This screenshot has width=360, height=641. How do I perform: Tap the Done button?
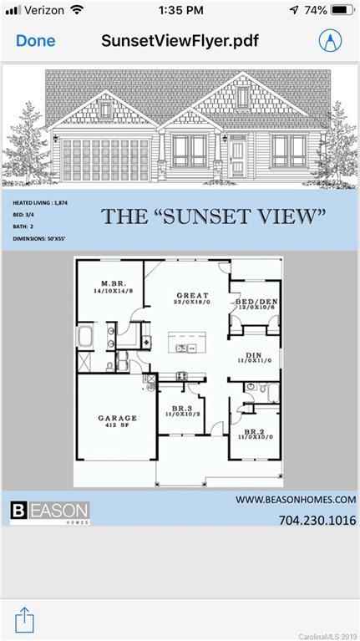point(35,40)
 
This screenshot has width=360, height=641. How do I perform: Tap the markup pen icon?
point(331,40)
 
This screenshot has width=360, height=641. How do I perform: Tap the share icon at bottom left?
point(25,619)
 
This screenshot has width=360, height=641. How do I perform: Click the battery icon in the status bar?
point(342,10)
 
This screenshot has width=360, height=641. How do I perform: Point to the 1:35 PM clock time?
point(180,10)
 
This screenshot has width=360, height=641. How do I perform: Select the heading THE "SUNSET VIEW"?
point(213,216)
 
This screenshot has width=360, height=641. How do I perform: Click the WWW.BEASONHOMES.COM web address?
point(296,500)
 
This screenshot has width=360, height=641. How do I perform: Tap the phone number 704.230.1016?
point(317,521)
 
